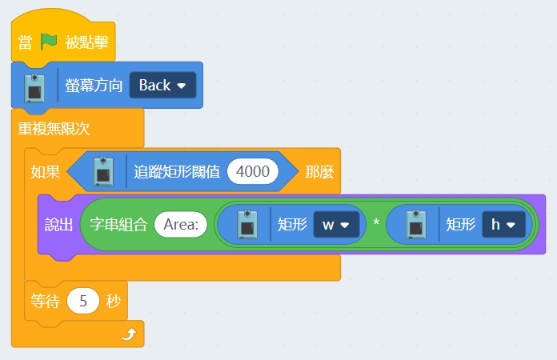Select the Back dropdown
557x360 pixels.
tap(162, 85)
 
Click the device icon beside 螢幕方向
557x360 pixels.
tap(34, 86)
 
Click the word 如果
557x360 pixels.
tap(45, 171)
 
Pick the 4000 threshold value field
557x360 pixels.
tap(253, 171)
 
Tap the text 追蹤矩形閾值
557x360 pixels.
tap(177, 171)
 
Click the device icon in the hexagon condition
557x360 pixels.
tap(103, 171)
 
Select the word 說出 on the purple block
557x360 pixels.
tap(58, 225)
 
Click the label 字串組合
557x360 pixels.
tap(118, 225)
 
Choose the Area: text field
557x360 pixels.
tap(180, 225)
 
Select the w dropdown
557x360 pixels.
tap(335, 225)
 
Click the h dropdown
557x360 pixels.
tap(503, 225)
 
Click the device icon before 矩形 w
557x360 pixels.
tap(249, 225)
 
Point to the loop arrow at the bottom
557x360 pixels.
tap(128, 335)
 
